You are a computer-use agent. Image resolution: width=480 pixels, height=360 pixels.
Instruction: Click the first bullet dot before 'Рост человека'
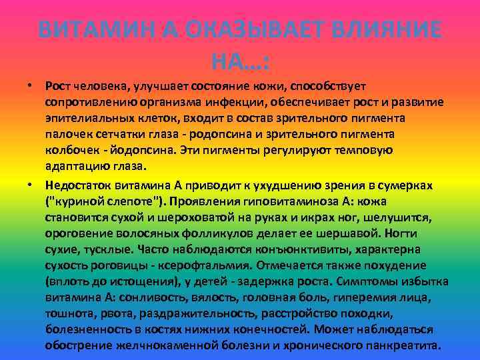click(31, 86)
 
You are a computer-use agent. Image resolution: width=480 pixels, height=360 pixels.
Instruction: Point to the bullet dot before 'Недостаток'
click(31, 183)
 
